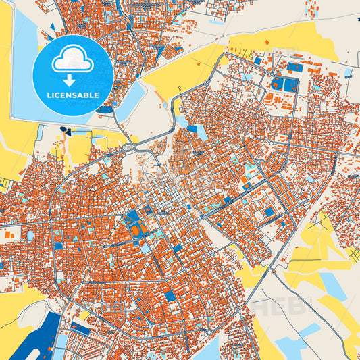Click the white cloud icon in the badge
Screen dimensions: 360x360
pos(73,61)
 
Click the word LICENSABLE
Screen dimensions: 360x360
pos(72,95)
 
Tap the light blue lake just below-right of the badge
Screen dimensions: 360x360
pos(131,97)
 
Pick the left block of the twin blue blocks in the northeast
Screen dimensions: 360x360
pos(278,84)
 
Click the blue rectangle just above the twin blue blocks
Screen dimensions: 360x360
pos(294,67)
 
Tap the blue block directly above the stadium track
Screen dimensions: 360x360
pos(132,216)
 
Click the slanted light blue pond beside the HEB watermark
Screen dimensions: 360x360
pos(334,282)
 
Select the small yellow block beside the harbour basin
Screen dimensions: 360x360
pos(84,315)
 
